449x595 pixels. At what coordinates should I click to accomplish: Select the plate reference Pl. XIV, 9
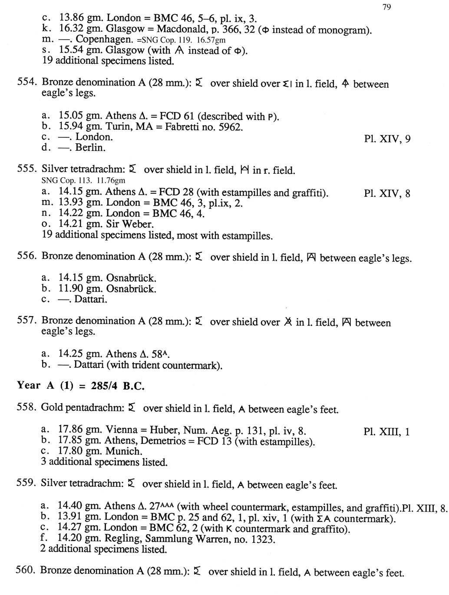(x=387, y=139)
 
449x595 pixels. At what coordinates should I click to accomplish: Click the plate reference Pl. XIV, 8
(x=387, y=194)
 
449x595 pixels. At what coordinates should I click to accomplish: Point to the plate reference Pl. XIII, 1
(x=386, y=432)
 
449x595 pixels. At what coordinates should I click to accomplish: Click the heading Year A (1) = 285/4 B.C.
(x=81, y=386)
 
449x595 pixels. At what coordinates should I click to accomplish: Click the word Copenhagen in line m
(x=104, y=40)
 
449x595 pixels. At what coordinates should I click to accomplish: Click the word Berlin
(x=90, y=148)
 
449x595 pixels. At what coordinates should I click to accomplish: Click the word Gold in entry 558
(x=52, y=408)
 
